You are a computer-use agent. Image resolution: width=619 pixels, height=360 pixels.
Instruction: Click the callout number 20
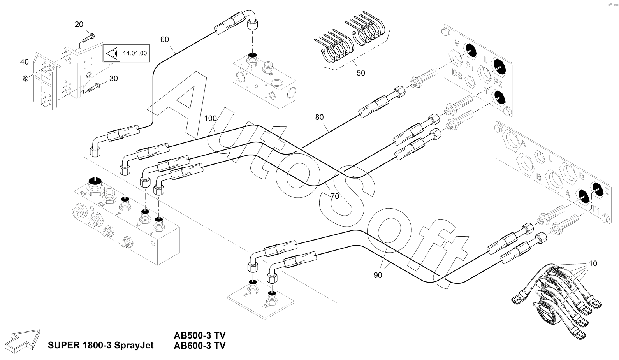pyautogui.click(x=79, y=25)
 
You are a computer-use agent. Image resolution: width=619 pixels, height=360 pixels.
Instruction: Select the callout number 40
pyautogui.click(x=25, y=62)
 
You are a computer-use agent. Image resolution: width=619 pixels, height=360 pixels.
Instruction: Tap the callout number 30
pyautogui.click(x=113, y=78)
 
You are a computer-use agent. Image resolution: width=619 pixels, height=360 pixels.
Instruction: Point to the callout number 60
pyautogui.click(x=165, y=39)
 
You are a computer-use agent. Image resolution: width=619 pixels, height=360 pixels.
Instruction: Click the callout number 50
pyautogui.click(x=361, y=73)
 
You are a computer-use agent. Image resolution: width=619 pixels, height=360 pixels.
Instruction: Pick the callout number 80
pyautogui.click(x=319, y=117)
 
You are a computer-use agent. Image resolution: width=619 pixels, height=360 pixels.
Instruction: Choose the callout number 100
pyautogui.click(x=210, y=118)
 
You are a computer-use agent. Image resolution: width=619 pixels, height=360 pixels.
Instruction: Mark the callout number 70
pyautogui.click(x=335, y=196)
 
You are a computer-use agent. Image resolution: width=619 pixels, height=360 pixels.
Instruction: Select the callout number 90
pyautogui.click(x=378, y=275)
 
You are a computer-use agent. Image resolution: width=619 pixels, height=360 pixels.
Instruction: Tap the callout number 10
pyautogui.click(x=593, y=263)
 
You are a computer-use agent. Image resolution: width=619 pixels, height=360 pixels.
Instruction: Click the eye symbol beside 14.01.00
pyautogui.click(x=112, y=53)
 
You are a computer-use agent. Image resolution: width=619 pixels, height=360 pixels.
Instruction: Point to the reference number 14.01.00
pyautogui.click(x=135, y=53)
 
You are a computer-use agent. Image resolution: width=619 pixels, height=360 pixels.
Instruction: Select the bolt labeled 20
pyautogui.click(x=88, y=38)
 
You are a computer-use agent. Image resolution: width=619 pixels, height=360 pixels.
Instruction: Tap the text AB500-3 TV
pyautogui.click(x=200, y=335)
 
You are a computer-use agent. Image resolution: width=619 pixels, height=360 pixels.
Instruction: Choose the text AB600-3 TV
pyautogui.click(x=200, y=345)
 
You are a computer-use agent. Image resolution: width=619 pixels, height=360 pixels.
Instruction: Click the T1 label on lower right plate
pyautogui.click(x=596, y=210)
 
